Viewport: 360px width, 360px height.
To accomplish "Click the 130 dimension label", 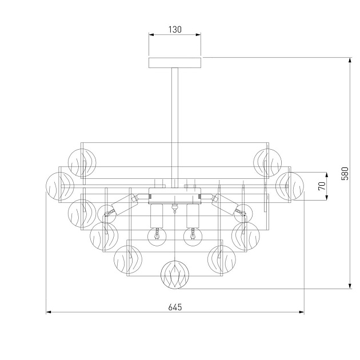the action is [175, 30].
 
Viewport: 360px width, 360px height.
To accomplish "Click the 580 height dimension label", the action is [345, 174].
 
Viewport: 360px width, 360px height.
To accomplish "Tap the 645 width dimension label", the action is [175, 307].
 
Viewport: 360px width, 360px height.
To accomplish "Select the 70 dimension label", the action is [322, 186].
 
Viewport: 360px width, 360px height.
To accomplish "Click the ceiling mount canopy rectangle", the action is [175, 63].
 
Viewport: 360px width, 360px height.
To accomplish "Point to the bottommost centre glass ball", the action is [175, 274].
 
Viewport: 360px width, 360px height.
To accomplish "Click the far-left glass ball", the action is [60, 186].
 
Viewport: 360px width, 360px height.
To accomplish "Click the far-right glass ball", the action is [290, 186].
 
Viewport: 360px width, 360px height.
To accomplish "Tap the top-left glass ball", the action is [82, 162].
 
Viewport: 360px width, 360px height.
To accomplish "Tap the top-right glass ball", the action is [267, 162].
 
